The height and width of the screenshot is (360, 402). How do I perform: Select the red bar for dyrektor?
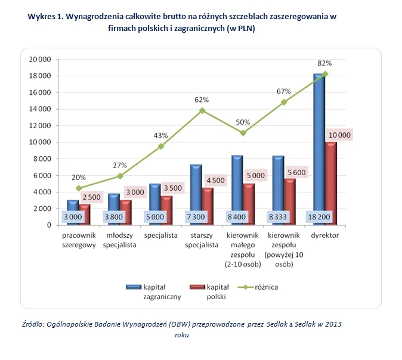(x=331, y=185)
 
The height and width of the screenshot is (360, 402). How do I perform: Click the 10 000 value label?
(x=339, y=135)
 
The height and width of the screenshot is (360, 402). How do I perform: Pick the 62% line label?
(x=202, y=100)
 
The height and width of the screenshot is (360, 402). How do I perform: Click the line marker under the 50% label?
(x=243, y=133)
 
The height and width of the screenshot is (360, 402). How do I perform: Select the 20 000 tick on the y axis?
(x=41, y=59)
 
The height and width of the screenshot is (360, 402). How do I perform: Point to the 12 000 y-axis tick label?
(x=41, y=126)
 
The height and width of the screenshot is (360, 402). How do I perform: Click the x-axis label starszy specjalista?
(x=202, y=240)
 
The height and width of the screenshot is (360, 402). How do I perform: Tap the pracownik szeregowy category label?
(x=79, y=240)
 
